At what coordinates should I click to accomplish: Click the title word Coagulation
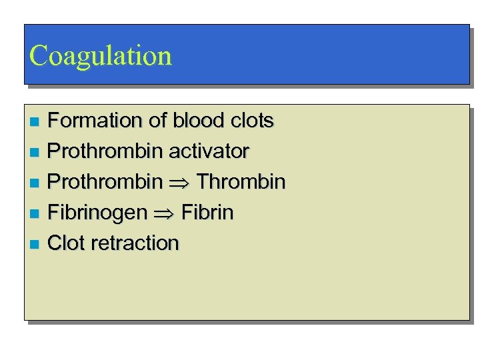(x=101, y=55)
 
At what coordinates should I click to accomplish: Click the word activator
(x=209, y=151)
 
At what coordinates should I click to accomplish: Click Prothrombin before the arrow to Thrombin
(x=105, y=181)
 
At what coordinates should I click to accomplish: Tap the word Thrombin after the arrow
(x=241, y=181)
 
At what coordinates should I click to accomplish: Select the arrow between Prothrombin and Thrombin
(x=179, y=182)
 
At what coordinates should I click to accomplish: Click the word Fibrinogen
(x=97, y=213)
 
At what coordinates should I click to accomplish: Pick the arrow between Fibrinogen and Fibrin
(x=164, y=213)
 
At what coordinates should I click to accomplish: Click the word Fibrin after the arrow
(x=207, y=213)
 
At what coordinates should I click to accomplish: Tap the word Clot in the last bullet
(x=67, y=243)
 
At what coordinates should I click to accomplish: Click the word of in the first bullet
(x=157, y=121)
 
